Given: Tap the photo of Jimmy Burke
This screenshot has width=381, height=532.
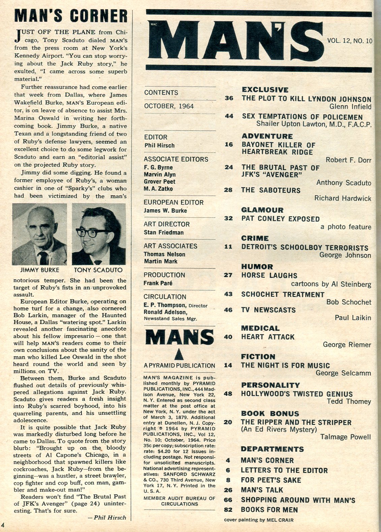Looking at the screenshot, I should (39, 234).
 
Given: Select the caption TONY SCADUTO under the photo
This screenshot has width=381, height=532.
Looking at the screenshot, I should (98, 270).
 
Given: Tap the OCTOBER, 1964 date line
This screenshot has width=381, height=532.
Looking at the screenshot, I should (169, 106).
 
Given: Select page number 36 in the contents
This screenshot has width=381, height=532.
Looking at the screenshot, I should (229, 99).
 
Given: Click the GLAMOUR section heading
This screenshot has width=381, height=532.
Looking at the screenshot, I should (262, 210).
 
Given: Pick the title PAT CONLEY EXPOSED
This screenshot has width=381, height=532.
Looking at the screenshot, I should (280, 219).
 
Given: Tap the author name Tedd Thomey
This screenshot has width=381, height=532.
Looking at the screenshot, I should (349, 401).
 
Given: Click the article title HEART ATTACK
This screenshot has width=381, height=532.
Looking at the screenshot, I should (268, 337).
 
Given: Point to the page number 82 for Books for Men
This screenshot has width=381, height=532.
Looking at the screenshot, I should (228, 510).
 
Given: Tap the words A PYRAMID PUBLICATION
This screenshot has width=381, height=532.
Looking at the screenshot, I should (179, 366).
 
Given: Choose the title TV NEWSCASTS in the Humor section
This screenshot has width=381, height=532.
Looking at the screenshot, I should (268, 310).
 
